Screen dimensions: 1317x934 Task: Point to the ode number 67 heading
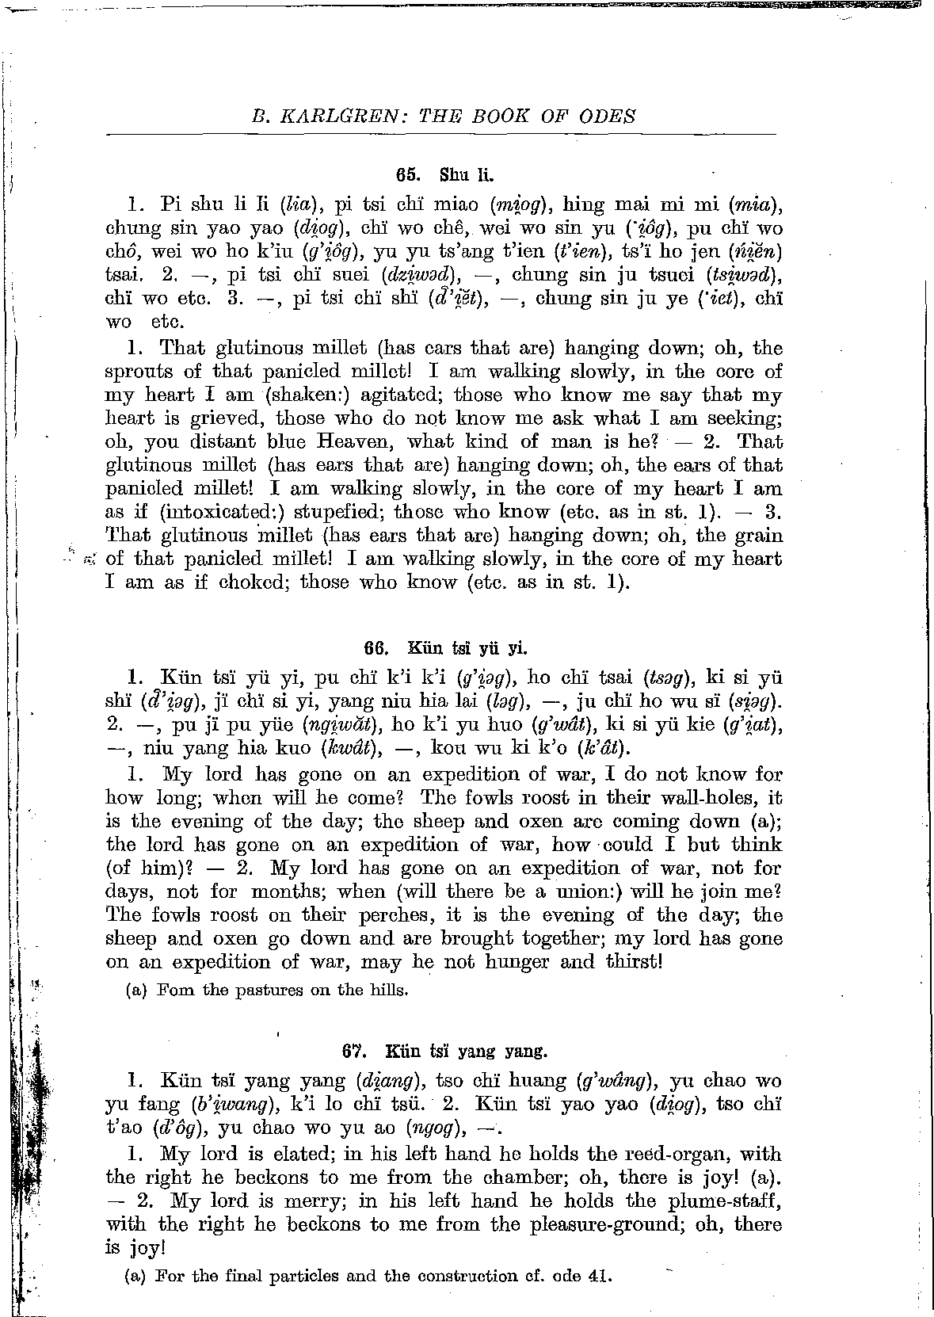(x=353, y=1052)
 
